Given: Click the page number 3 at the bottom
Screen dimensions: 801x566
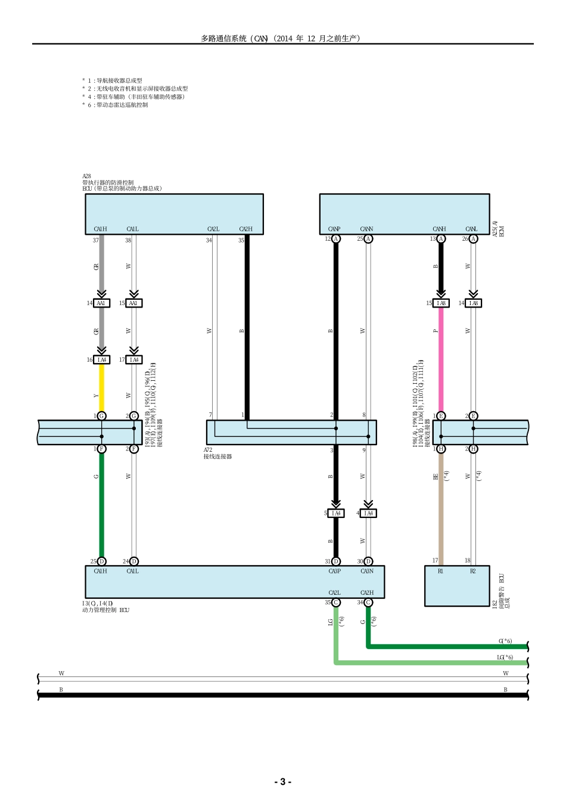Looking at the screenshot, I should click(282, 782).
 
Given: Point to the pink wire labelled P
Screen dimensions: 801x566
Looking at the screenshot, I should click(441, 358).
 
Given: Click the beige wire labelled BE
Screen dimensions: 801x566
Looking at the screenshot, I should click(441, 501).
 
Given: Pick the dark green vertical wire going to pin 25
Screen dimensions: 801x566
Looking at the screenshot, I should click(101, 507).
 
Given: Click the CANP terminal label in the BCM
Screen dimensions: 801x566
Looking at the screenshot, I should click(334, 229).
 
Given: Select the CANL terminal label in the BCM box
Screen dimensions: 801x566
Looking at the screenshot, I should click(471, 229).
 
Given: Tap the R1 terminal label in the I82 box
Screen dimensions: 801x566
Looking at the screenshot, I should click(440, 571).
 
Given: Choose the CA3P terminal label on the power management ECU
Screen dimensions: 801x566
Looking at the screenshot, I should click(334, 571).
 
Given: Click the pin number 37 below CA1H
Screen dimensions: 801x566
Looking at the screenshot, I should click(95, 240).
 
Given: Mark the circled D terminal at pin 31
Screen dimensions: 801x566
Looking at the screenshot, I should click(336, 561).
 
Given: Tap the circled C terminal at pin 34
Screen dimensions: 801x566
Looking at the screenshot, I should click(368, 603).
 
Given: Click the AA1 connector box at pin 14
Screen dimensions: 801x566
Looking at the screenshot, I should click(101, 303).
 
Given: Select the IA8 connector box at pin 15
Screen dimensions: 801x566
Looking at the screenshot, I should click(441, 303).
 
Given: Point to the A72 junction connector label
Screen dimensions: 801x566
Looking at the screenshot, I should click(208, 450).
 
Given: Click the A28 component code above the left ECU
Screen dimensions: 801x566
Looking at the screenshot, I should click(86, 176).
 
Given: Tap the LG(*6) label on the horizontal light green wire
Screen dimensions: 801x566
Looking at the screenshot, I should click(505, 657).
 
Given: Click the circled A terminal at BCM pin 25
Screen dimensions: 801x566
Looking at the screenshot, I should click(368, 239).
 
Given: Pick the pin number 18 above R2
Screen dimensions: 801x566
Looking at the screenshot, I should click(468, 560).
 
